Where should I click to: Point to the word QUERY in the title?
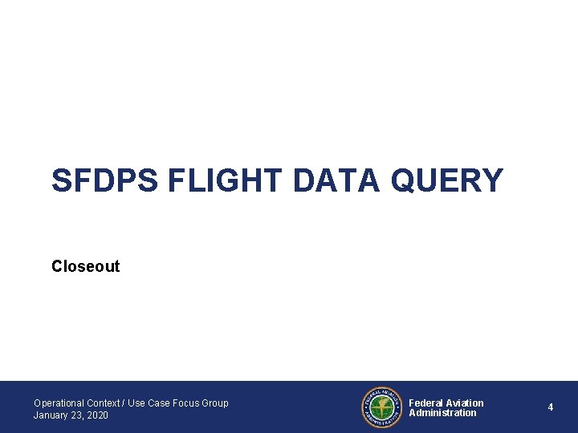click(446, 180)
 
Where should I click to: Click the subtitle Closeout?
click(85, 266)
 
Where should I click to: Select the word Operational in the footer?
click(59, 403)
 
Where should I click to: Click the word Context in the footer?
click(103, 403)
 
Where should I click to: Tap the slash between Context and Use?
click(123, 403)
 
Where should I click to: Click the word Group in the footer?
click(216, 403)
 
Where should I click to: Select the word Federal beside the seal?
click(426, 403)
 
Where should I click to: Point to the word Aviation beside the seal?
click(466, 403)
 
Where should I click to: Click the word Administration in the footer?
click(442, 413)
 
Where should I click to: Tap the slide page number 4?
click(551, 407)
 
